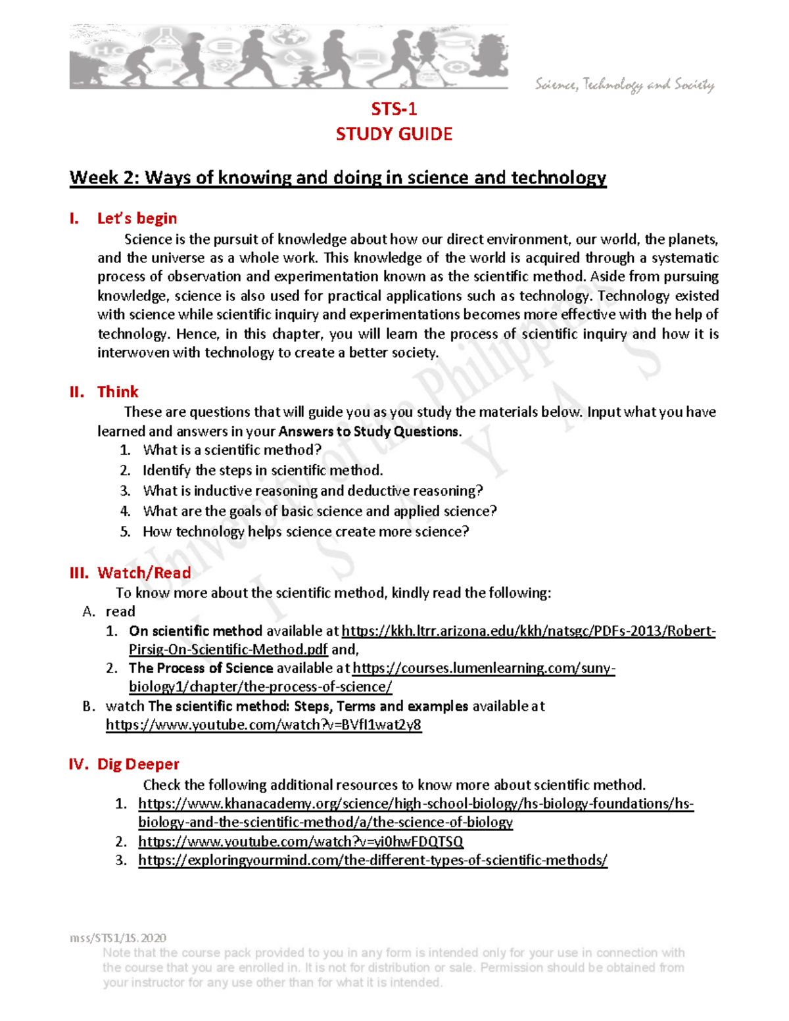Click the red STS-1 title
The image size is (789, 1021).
tap(394, 108)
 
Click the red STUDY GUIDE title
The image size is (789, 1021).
tap(394, 134)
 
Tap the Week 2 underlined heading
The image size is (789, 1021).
tap(338, 178)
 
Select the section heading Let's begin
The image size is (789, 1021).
tap(137, 218)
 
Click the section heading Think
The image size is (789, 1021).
tap(118, 392)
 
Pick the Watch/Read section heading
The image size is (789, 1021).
tap(144, 573)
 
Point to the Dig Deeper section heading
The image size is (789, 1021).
tap(138, 764)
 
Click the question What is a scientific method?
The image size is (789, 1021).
tap(232, 450)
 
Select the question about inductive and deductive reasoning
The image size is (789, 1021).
tap(312, 491)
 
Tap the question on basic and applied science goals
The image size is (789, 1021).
tap(320, 511)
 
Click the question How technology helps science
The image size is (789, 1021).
tap(306, 532)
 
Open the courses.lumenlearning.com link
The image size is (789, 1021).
tap(483, 669)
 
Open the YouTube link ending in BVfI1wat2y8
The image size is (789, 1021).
tap(264, 725)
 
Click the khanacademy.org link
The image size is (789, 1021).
tap(416, 804)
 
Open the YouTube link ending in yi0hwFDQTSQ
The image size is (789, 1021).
tap(300, 842)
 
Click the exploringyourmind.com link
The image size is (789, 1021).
tap(372, 861)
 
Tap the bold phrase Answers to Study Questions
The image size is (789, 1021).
tap(369, 432)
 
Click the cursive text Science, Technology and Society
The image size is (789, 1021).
tap(624, 85)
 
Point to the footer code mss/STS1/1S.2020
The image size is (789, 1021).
tap(118, 938)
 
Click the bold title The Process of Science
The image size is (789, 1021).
tap(201, 669)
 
